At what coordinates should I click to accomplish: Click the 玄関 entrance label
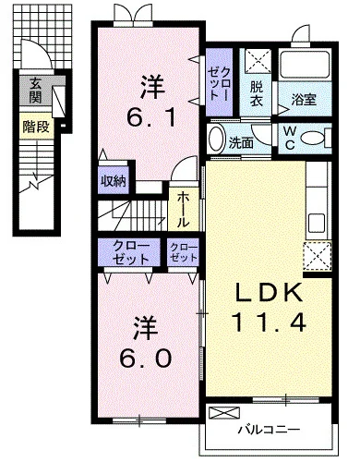(x=36, y=91)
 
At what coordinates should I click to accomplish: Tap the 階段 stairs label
(x=36, y=127)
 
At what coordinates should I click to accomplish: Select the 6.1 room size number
(x=151, y=118)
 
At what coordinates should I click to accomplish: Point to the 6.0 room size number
(x=145, y=359)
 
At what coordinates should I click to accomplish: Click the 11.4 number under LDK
(x=270, y=322)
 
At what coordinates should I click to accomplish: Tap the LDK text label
(x=269, y=293)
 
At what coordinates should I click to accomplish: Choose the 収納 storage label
(x=114, y=181)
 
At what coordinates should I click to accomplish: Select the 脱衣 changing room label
(x=256, y=93)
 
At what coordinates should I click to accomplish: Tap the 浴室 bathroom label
(x=304, y=100)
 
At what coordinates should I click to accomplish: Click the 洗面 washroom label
(x=242, y=143)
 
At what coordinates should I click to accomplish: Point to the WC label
(x=290, y=138)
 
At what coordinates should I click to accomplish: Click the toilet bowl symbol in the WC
(x=313, y=138)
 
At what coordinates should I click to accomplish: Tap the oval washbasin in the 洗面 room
(x=217, y=139)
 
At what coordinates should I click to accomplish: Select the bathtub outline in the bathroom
(x=305, y=65)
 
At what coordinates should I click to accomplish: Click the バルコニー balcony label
(x=269, y=430)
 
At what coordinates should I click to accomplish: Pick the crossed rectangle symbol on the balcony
(x=224, y=413)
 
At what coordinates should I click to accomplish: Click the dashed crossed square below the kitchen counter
(x=318, y=256)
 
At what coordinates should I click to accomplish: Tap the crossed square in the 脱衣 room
(x=258, y=61)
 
